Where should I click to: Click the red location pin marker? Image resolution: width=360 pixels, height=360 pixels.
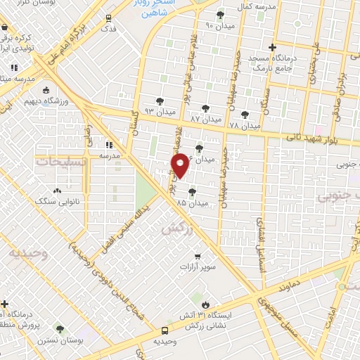coord(181,165)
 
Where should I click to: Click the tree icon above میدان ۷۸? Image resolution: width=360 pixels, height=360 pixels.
coord(245,114)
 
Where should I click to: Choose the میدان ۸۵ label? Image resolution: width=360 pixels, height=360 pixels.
coord(193,202)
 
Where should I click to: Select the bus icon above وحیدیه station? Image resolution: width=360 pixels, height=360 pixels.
coord(165,330)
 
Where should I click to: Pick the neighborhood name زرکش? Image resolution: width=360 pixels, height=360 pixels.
coord(178,229)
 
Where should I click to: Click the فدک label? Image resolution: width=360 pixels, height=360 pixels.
coord(109,29)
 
